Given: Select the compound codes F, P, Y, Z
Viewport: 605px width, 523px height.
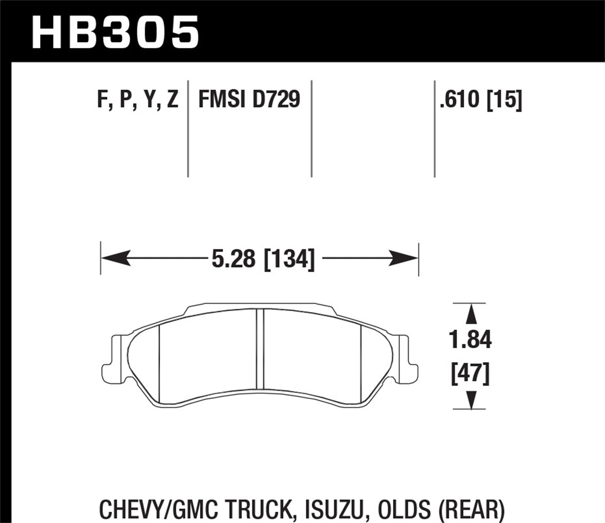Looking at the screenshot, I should coord(138,99).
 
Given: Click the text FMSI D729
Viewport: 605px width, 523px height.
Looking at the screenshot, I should coord(249,99).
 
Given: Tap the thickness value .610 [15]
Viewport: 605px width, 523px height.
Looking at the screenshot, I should coord(481,99).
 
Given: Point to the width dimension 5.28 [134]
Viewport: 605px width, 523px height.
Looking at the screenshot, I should coord(263,259).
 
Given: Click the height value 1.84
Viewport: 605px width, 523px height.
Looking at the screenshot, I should coord(470,340).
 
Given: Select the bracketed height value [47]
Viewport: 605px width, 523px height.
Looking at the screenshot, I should coord(470,373).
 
